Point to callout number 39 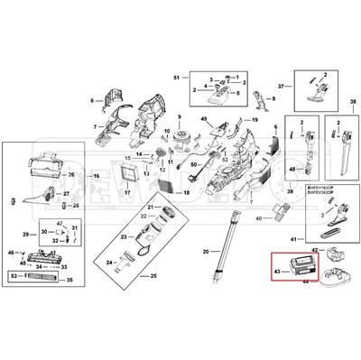289,193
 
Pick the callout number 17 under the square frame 127,192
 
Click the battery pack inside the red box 298,267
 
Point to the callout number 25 153,274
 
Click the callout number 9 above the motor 179,118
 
